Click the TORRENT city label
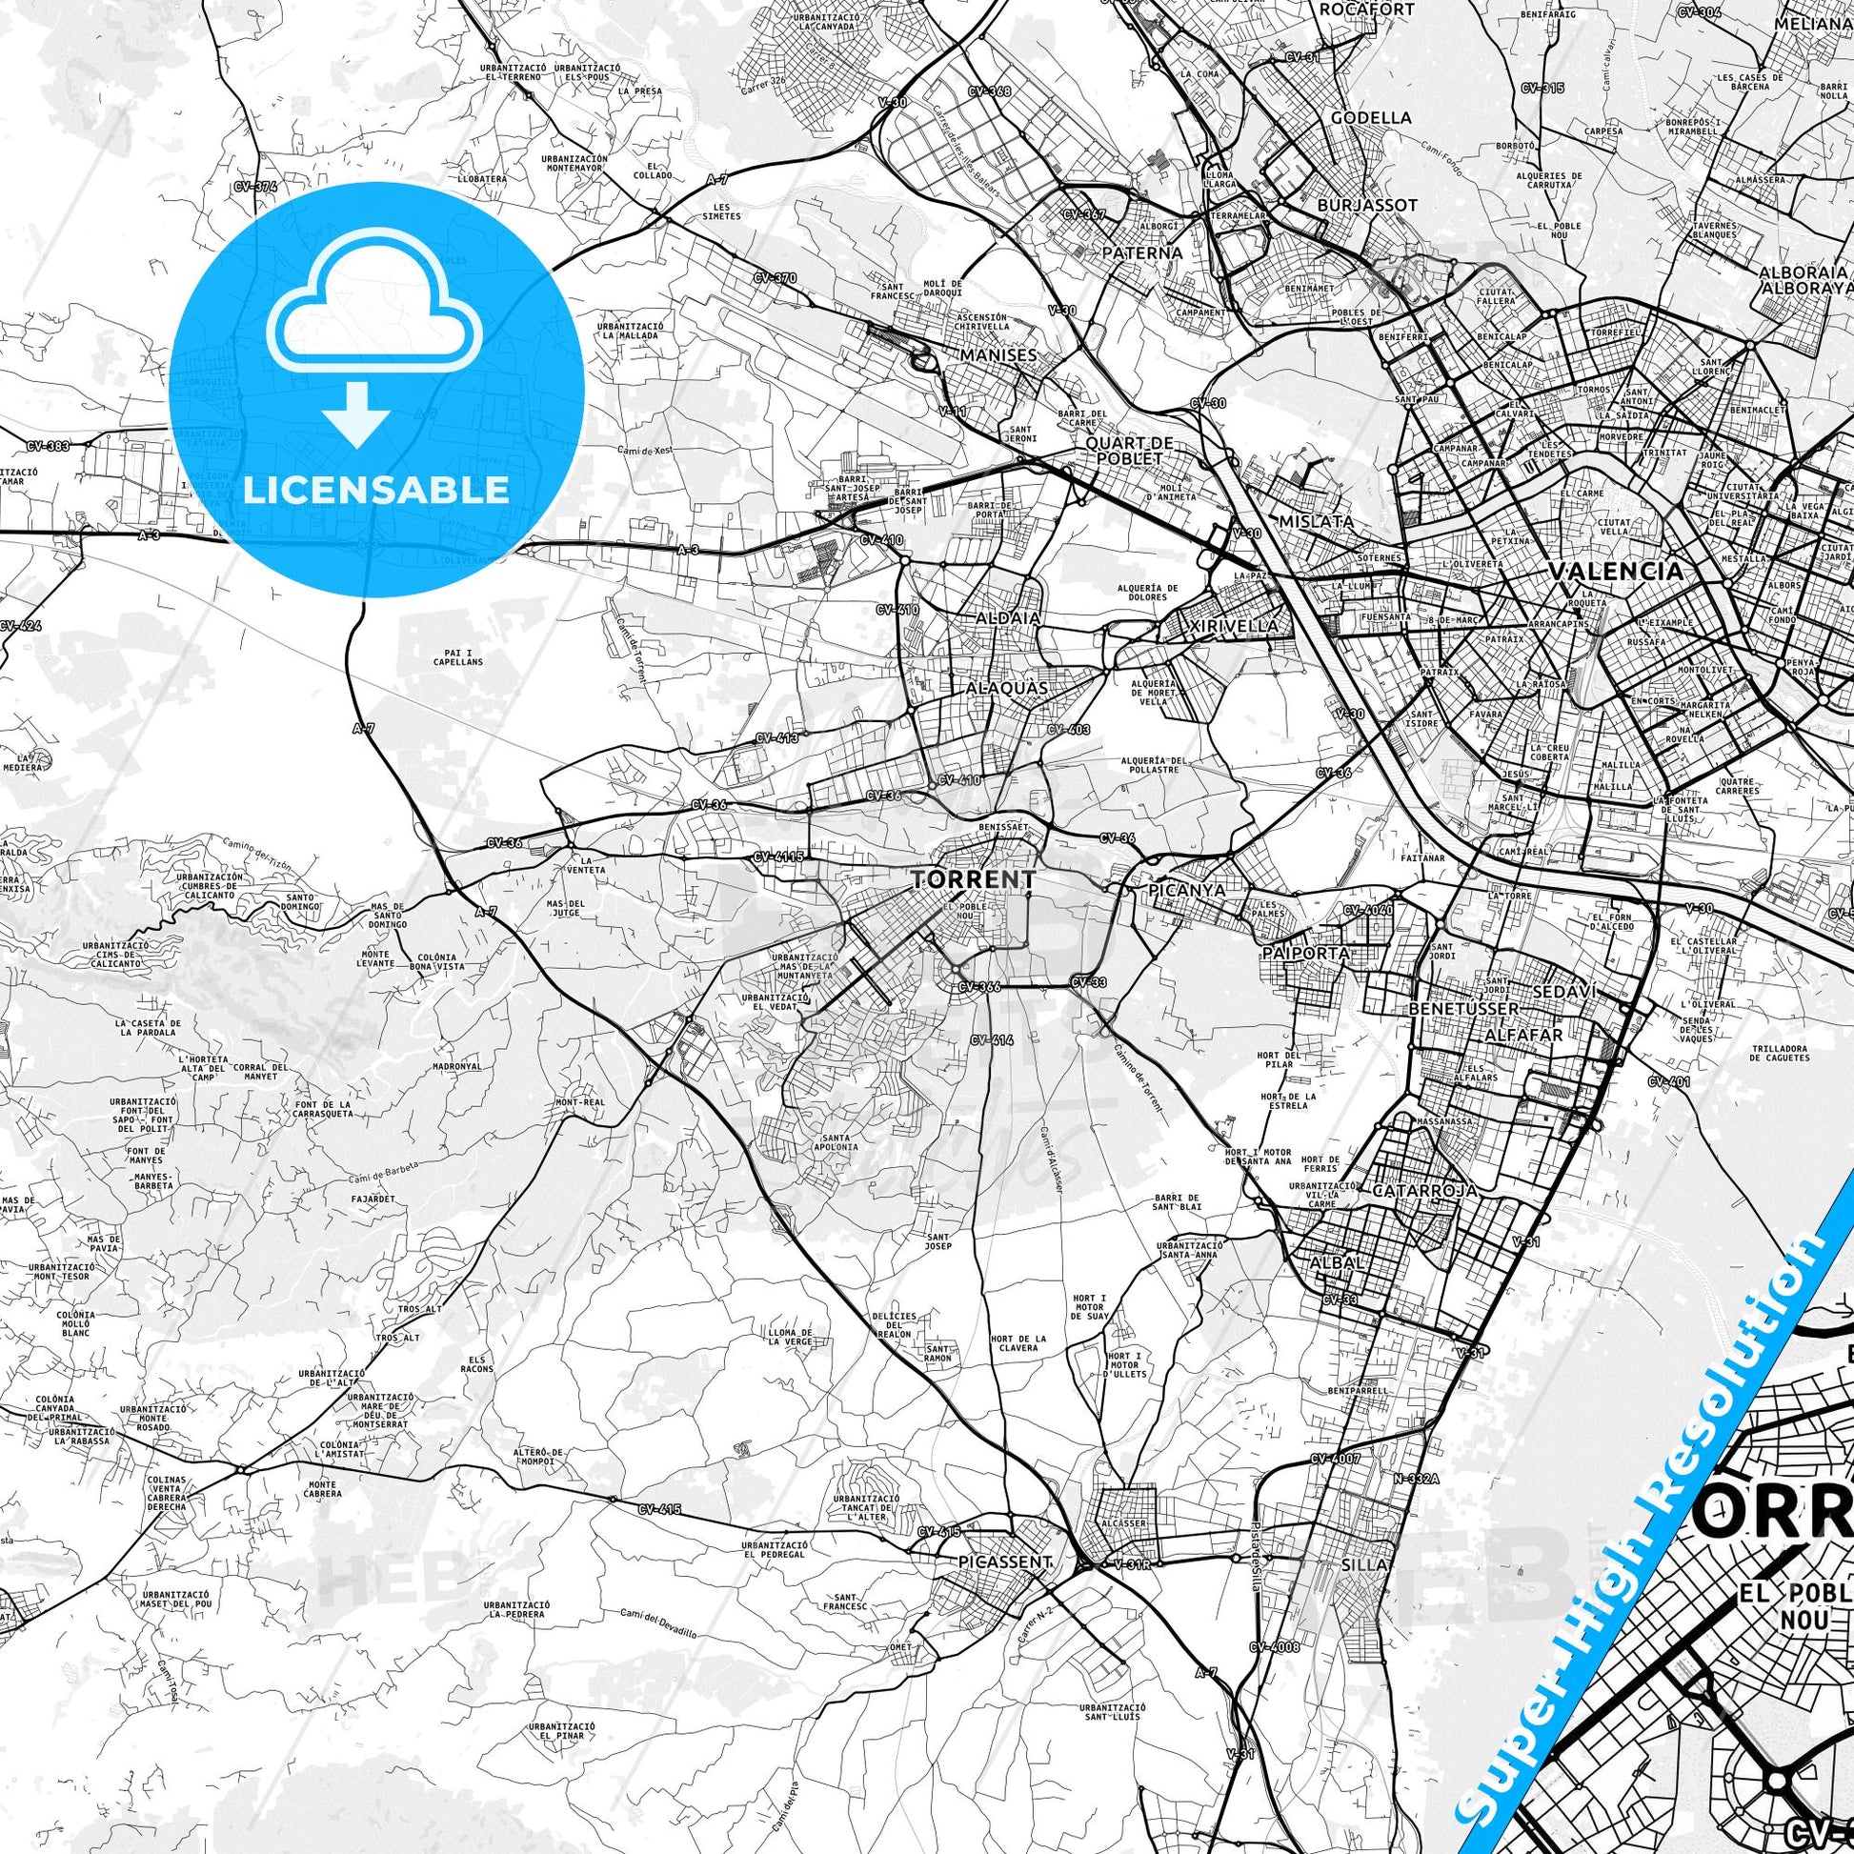(960, 879)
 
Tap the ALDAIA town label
(1007, 619)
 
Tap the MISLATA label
(1317, 521)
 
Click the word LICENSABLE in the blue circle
(375, 490)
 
